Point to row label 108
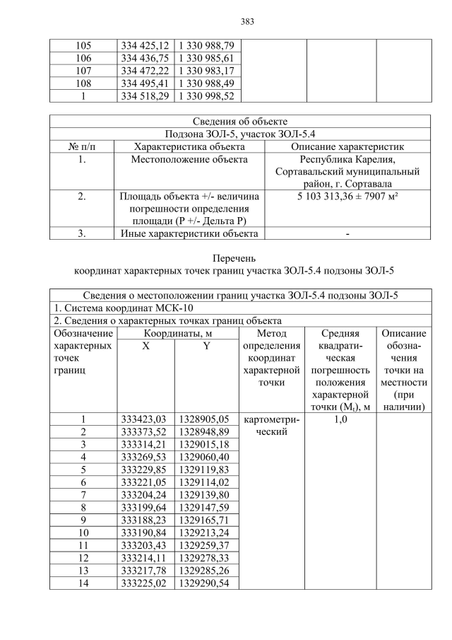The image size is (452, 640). point(83,83)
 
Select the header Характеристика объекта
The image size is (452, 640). point(189,146)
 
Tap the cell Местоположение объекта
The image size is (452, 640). point(189,160)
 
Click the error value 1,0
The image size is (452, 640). point(340,419)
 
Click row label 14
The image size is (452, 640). point(83,584)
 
